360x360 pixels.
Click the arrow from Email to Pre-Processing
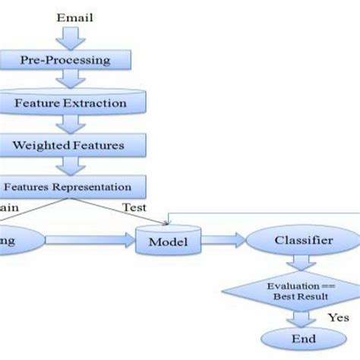click(x=70, y=36)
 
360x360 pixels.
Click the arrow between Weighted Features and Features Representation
click(x=70, y=164)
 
